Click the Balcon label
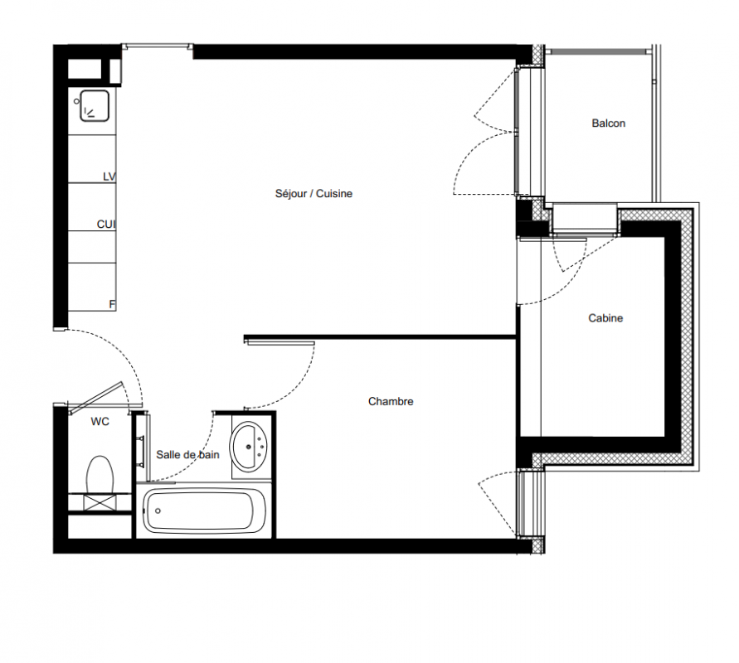coord(609,123)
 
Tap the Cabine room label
coord(605,318)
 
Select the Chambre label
coord(391,402)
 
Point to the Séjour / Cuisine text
coord(314,194)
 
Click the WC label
coord(100,422)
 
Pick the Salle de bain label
coord(187,455)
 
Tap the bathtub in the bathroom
coord(204,511)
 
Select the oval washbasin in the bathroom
coord(248,447)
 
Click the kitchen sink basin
coord(95,106)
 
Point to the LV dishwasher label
coord(109,177)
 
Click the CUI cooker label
coord(106,225)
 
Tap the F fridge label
coord(112,305)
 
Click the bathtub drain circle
coord(158,511)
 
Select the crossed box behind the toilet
coord(100,502)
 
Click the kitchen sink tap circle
coord(76,101)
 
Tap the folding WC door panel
coord(96,398)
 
